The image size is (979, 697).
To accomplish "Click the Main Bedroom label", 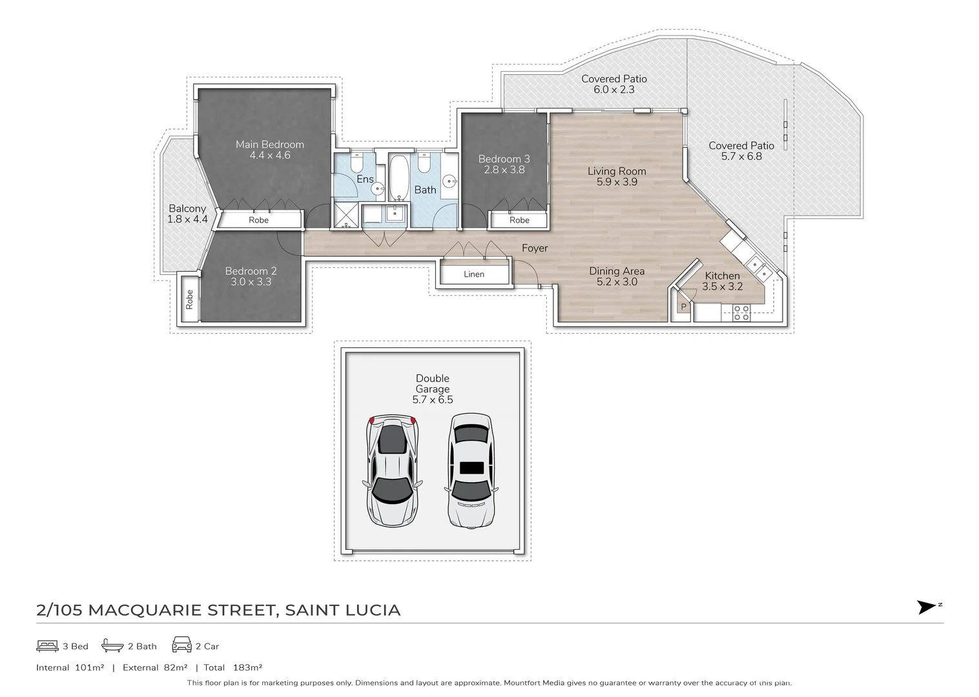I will coord(269,145).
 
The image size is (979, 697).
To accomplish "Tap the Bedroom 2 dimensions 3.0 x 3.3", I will coord(251,282).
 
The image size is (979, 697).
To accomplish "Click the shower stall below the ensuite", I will coord(345,216).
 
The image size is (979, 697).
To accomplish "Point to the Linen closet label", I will coord(473,274).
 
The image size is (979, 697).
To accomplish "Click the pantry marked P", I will coord(683,307).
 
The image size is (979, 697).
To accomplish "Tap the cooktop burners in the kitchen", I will coord(741,314).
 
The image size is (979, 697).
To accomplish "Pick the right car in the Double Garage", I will coord(471,470).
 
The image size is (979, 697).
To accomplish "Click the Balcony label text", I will coord(187,208).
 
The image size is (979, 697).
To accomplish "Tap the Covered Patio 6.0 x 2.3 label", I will coord(613,84).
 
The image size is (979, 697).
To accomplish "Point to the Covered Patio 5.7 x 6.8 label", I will coord(741,151).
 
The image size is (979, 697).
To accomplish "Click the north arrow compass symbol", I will coord(927,607).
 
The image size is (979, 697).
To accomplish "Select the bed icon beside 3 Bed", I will coord(48,645).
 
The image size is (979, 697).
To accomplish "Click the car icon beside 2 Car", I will coord(181,645).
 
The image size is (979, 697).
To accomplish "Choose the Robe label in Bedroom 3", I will coord(519,220).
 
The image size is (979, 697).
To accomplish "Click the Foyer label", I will coord(535,248).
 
